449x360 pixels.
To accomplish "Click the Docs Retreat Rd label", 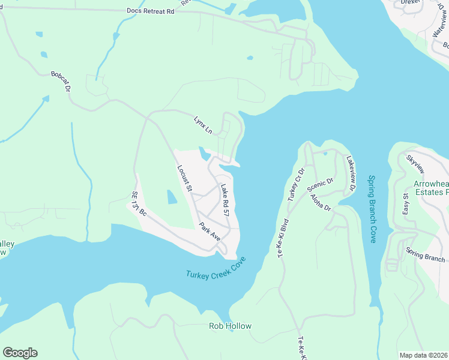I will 150,11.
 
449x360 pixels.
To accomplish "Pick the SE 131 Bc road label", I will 139,204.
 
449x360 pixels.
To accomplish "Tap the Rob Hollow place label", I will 230,326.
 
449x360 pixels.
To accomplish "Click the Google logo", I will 20,352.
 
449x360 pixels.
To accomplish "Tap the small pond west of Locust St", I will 172,197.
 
